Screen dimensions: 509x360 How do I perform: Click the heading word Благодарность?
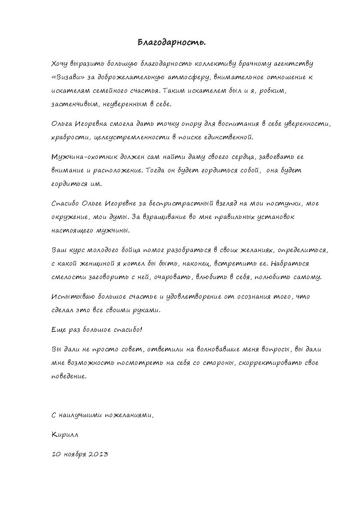172,43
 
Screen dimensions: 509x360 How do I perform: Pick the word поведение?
69,376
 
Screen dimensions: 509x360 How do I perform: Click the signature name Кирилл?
65,435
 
